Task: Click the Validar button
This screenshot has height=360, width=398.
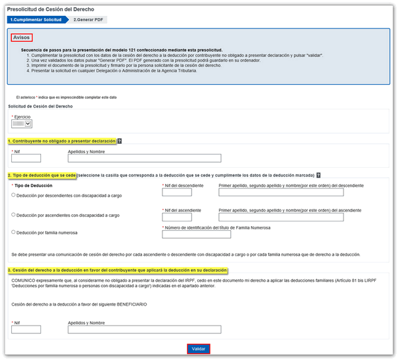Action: point(199,349)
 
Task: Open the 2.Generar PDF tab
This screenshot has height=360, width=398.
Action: point(89,20)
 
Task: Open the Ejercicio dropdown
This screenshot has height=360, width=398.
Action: point(23,123)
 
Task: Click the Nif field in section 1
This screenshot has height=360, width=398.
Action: point(27,158)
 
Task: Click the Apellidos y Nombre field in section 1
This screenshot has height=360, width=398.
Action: point(144,158)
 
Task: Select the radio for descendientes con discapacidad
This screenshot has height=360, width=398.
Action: point(14,195)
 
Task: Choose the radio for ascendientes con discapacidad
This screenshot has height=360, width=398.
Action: point(14,215)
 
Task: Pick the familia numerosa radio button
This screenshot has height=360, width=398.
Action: point(14,233)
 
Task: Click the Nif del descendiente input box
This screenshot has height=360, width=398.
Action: point(176,192)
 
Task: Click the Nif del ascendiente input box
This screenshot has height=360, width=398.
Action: point(176,217)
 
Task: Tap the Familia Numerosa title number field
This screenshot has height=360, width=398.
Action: point(196,234)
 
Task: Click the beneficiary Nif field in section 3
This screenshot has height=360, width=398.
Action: point(27,330)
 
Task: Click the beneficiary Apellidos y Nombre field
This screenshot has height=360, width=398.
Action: point(144,330)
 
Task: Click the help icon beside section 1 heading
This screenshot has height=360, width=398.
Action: point(119,141)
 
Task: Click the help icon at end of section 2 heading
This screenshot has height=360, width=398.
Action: point(319,175)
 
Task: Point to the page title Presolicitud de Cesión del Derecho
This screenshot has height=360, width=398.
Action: point(50,9)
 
